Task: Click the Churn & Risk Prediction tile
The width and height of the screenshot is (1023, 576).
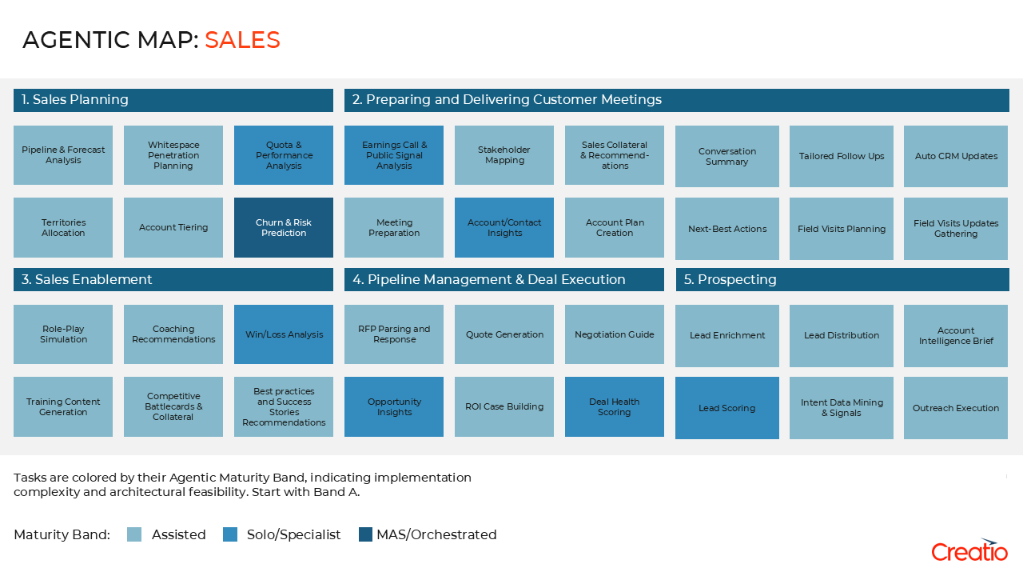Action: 284,228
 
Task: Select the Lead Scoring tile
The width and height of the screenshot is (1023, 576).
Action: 726,408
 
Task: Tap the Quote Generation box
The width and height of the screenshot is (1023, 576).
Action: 504,334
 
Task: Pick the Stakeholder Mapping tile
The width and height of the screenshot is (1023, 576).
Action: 504,155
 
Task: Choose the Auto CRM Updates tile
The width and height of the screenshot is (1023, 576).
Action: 956,156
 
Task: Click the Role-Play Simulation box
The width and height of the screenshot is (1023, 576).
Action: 63,334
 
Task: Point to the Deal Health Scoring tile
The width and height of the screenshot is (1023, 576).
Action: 614,406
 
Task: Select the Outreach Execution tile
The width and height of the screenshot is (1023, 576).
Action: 956,408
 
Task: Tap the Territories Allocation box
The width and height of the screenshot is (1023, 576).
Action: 63,228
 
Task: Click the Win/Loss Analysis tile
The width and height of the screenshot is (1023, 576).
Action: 284,334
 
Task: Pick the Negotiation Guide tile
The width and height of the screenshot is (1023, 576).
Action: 614,334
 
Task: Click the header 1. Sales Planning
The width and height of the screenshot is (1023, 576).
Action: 173,100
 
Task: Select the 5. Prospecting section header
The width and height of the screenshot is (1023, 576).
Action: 842,279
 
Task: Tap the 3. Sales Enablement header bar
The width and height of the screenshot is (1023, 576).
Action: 173,279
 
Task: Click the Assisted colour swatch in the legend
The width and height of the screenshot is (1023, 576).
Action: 134,534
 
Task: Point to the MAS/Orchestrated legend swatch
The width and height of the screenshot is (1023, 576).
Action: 366,534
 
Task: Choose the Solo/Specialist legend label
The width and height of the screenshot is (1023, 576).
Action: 293,534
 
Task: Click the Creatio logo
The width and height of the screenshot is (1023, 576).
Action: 969,550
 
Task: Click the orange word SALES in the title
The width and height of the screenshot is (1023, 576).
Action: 242,40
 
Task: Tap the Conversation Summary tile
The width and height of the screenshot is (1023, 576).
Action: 726,156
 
